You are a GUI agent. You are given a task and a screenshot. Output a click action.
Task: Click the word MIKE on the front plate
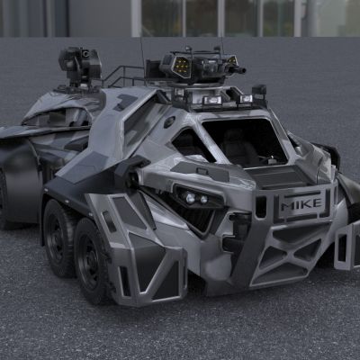click(301, 203)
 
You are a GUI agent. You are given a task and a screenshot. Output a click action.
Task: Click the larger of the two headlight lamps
click(190, 198)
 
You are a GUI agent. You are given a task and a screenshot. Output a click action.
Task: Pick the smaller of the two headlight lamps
click(203, 199)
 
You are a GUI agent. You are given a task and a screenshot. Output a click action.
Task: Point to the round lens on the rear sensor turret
click(85, 54)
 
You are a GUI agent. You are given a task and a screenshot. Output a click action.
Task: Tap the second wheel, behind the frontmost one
click(58, 238)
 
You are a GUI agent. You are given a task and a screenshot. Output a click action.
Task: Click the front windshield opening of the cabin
click(245, 141)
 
